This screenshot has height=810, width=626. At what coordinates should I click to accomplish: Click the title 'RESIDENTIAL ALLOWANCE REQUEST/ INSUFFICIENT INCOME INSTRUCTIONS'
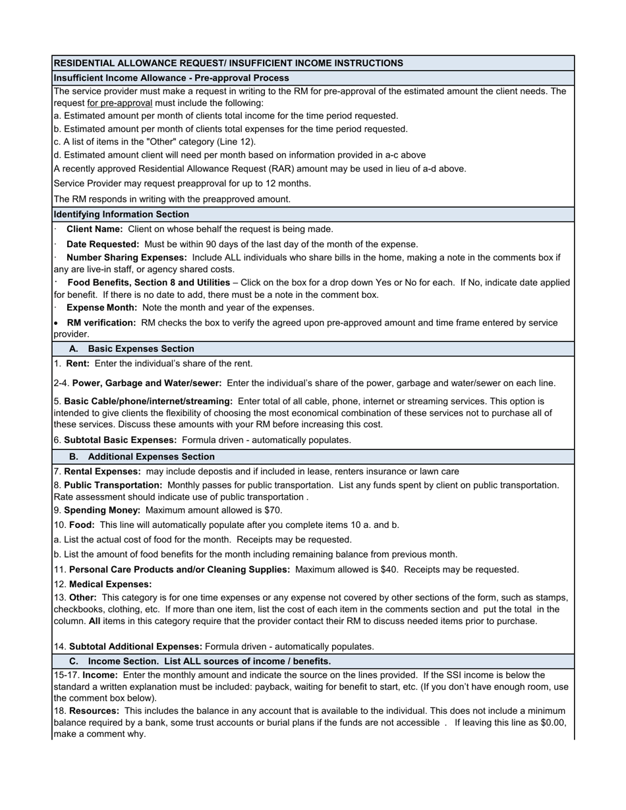point(228,63)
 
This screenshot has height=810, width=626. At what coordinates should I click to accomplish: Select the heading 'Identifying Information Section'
point(121,214)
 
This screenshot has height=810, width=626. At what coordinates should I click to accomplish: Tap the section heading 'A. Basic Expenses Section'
point(132,349)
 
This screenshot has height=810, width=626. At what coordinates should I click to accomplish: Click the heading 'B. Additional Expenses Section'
point(142,456)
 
